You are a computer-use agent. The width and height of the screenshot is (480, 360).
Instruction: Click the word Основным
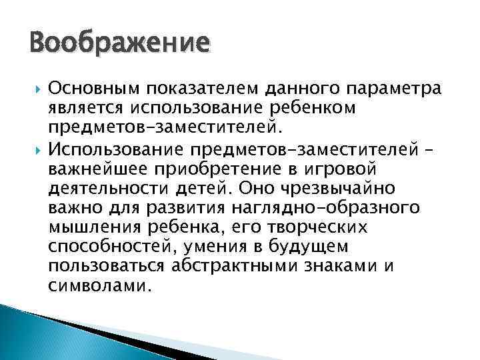[x=89, y=89]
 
